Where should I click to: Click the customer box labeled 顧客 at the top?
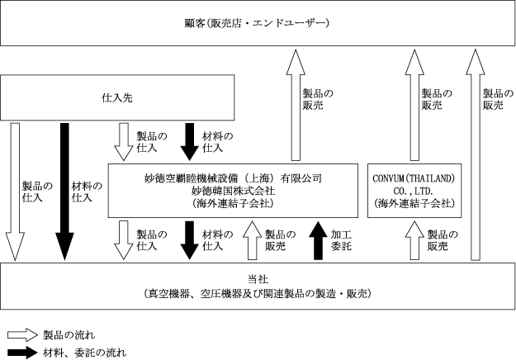(x=257, y=23)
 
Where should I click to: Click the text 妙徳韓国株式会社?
(x=232, y=189)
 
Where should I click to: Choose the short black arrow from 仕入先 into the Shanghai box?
(x=189, y=141)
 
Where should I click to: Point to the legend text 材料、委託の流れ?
(x=85, y=353)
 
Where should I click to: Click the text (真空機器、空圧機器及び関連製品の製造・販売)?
(x=257, y=294)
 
